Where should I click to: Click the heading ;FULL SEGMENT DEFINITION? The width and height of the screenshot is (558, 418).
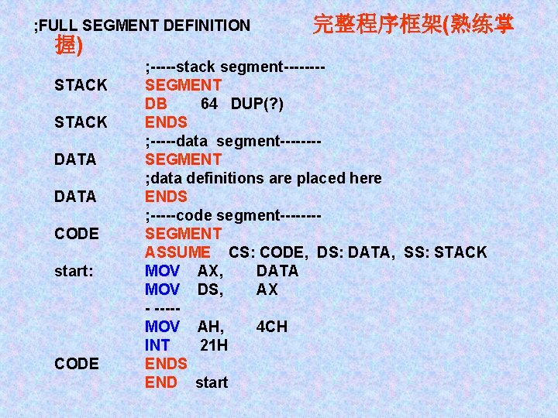click(142, 26)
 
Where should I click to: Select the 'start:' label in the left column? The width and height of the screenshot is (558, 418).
click(74, 271)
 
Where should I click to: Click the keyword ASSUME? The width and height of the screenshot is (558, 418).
click(177, 252)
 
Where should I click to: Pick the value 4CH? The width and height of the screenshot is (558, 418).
click(271, 327)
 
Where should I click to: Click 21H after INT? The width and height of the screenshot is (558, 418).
click(214, 345)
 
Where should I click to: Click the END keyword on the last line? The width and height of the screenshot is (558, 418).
click(161, 382)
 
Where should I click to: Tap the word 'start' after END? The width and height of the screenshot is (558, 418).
click(212, 382)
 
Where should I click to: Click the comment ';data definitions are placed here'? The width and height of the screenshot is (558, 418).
click(263, 178)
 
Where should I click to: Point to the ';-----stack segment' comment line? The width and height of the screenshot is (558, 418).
click(234, 67)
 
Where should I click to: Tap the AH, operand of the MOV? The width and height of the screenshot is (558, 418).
click(212, 327)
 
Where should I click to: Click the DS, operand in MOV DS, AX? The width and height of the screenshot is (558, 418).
click(212, 290)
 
